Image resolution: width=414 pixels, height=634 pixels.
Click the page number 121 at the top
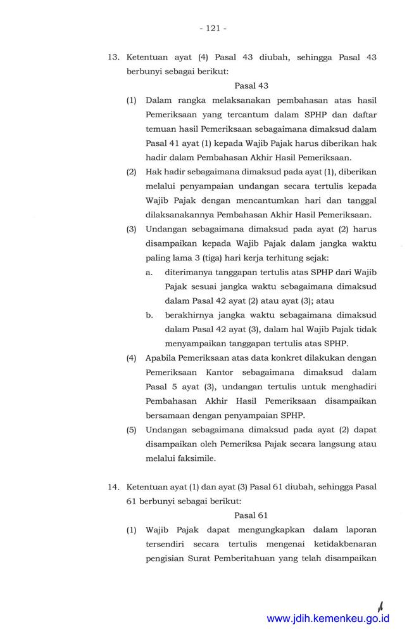pyautogui.click(x=213, y=28)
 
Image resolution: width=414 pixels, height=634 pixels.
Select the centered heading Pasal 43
pyautogui.click(x=251, y=85)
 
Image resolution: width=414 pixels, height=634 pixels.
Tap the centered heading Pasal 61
pyautogui.click(x=251, y=515)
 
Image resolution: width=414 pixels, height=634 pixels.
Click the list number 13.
pyautogui.click(x=114, y=57)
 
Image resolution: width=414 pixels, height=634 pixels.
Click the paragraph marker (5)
pyautogui.click(x=131, y=429)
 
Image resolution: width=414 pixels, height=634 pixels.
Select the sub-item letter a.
pyautogui.click(x=149, y=272)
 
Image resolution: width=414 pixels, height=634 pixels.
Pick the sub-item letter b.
pyautogui.click(x=149, y=314)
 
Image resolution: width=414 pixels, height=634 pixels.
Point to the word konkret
pyautogui.click(x=273, y=358)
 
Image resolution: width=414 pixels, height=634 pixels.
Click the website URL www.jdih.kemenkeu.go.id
pyautogui.click(x=328, y=619)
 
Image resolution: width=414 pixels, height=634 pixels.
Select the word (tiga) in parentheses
pyautogui.click(x=208, y=257)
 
